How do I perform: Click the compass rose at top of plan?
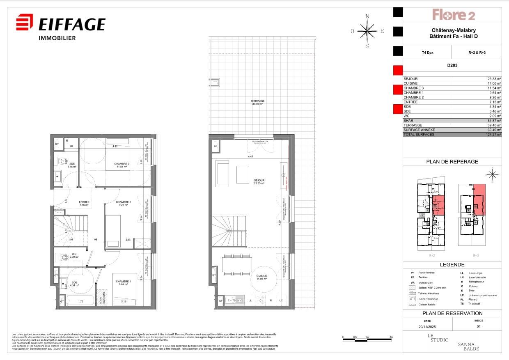pyautogui.click(x=367, y=31)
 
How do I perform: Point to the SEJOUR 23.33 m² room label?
pyautogui.click(x=259, y=182)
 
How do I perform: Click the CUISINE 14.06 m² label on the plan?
pyautogui.click(x=261, y=277)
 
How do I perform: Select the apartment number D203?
pyautogui.click(x=452, y=65)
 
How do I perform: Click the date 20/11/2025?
pyautogui.click(x=427, y=327)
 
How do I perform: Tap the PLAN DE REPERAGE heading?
pyautogui.click(x=452, y=162)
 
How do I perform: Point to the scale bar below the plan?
pyautogui.click(x=368, y=339)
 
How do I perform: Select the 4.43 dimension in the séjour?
pyautogui.click(x=250, y=156)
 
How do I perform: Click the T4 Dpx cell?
pyautogui.click(x=427, y=53)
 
